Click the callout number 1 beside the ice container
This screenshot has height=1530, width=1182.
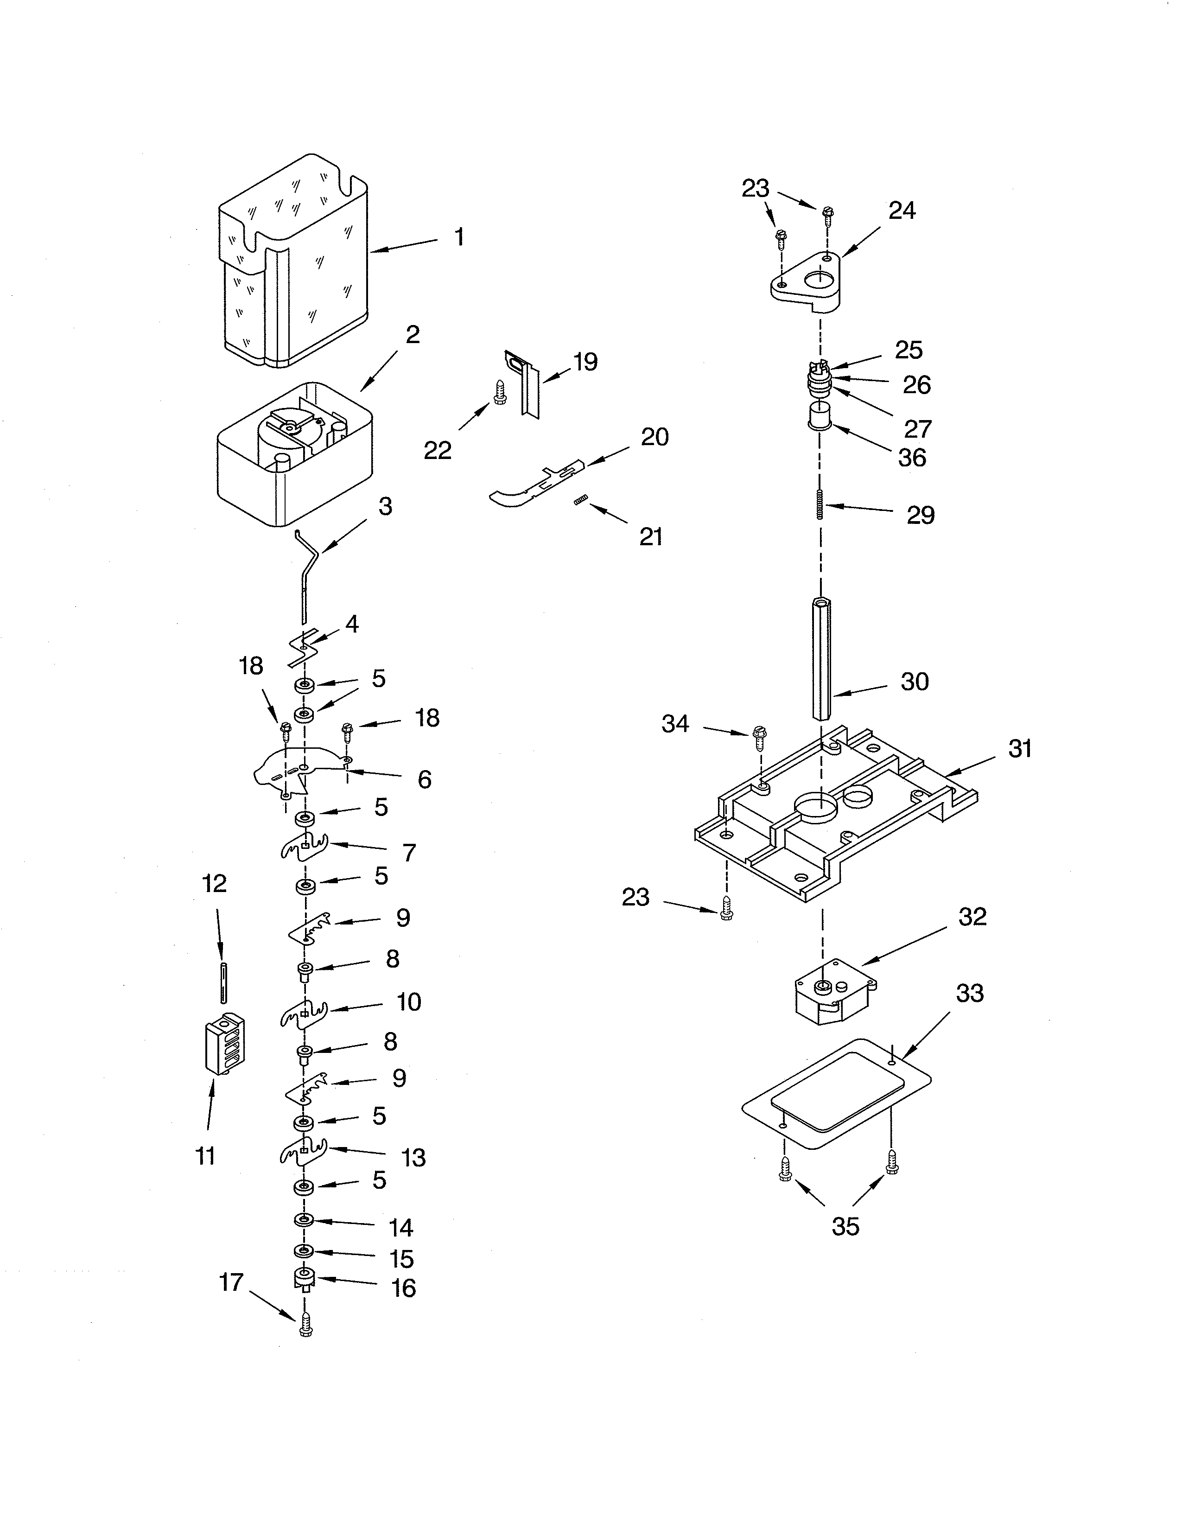[x=458, y=237]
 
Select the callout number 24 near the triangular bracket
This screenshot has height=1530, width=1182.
[x=902, y=210]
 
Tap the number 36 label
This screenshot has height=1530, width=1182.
[x=912, y=458]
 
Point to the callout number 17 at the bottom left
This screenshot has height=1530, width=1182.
[x=231, y=1282]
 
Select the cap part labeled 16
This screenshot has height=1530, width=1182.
[x=304, y=1279]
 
